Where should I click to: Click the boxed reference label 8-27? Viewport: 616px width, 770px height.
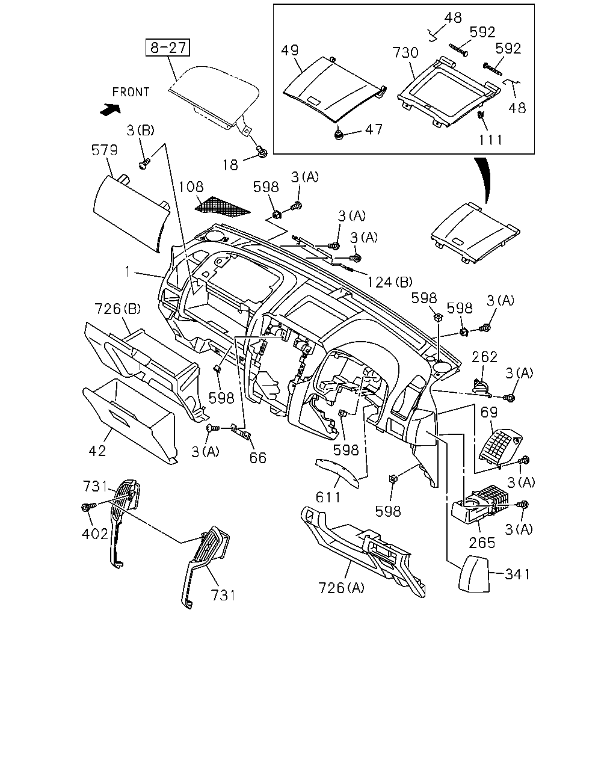pos(167,48)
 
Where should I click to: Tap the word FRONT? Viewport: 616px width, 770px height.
pos(131,92)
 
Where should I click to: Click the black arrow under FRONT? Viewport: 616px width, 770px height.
pos(110,109)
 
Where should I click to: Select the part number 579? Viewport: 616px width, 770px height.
pos(105,150)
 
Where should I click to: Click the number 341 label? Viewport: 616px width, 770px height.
pos(517,574)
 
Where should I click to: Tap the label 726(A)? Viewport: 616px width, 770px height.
pos(341,597)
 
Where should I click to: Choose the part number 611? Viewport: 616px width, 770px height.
pos(328,497)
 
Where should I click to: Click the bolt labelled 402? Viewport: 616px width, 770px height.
pos(88,507)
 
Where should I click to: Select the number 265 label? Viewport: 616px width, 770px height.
pos(482,543)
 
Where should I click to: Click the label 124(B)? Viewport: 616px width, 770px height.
pos(390,282)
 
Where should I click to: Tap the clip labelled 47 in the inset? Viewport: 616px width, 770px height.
pos(338,135)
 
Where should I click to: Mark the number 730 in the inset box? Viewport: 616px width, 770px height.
pos(405,52)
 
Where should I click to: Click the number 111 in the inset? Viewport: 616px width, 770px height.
pos(491,140)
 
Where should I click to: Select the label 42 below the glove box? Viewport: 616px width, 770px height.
pos(97,451)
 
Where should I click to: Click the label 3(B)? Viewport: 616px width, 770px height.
pos(140,131)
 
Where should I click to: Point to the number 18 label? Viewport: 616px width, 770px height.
pos(230,165)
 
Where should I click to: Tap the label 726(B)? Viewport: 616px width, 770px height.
pos(117,309)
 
